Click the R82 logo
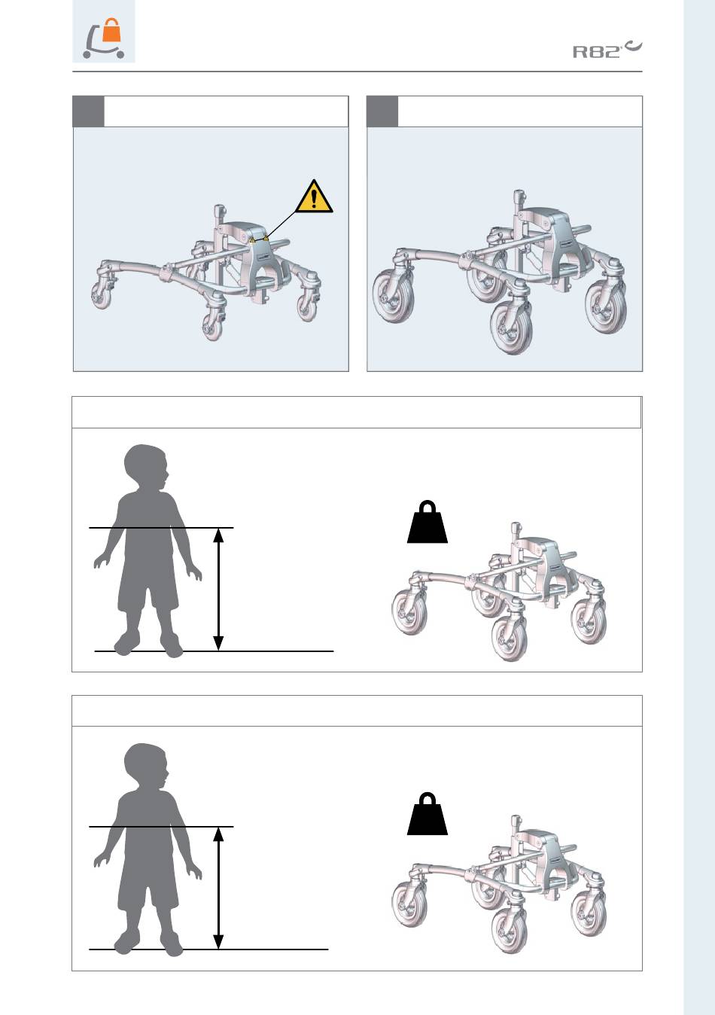pyautogui.click(x=607, y=50)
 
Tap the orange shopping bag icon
pyautogui.click(x=111, y=30)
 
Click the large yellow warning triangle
pyautogui.click(x=314, y=197)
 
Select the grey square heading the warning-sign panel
pyautogui.click(x=88, y=111)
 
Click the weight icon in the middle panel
pyautogui.click(x=427, y=522)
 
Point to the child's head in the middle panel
pyautogui.click(x=146, y=467)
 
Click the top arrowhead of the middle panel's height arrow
pyautogui.click(x=218, y=535)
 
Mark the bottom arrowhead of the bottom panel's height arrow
pyautogui.click(x=218, y=941)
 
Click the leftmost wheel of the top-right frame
pyautogui.click(x=393, y=297)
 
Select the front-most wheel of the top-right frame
pyautogui.click(x=511, y=327)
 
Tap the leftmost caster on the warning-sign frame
pyautogui.click(x=102, y=295)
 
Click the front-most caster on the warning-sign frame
pyautogui.click(x=212, y=325)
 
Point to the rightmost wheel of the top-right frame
pyautogui.click(x=606, y=306)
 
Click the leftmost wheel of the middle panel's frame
pyautogui.click(x=409, y=613)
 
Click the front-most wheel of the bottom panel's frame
pyautogui.click(x=509, y=931)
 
